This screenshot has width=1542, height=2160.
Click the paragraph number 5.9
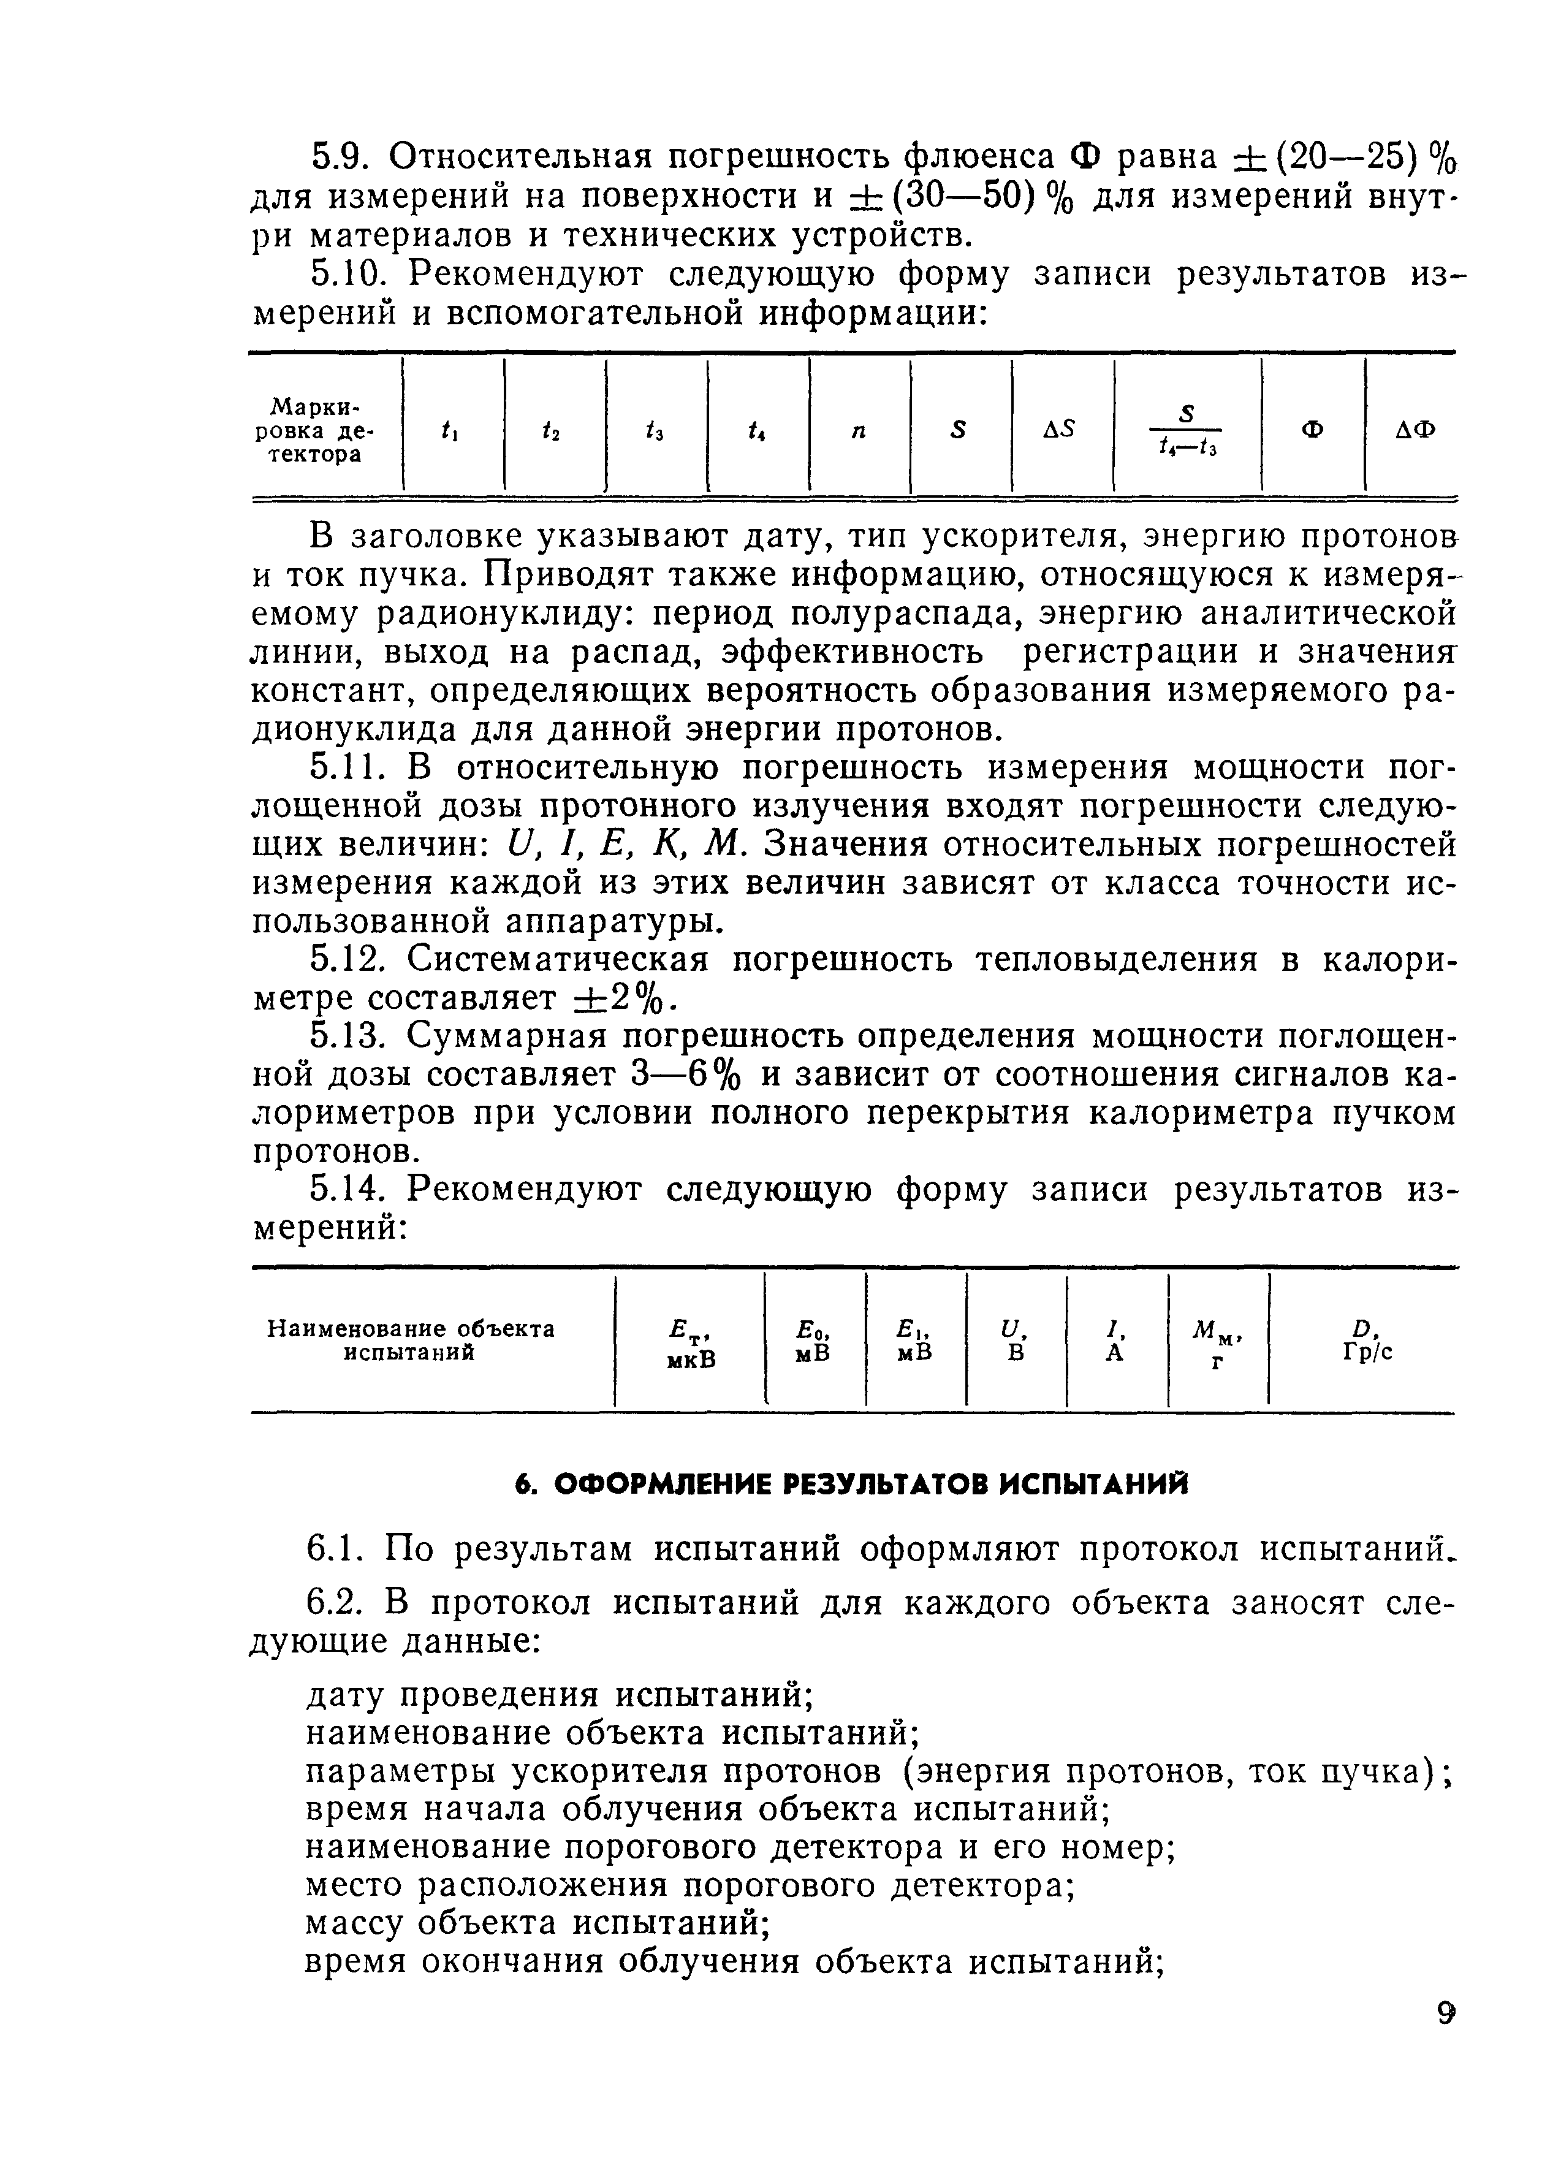(340, 156)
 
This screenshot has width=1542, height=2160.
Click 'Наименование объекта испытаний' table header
(410, 1340)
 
